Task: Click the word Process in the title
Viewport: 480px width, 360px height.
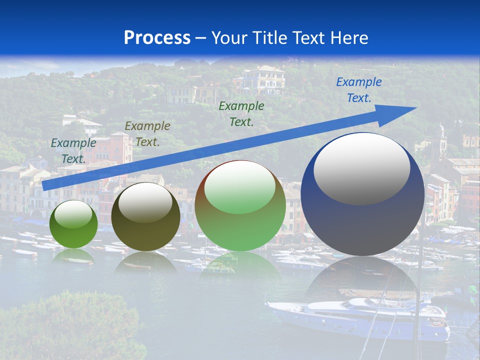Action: tap(157, 37)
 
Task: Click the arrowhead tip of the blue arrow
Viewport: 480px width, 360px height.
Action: tap(415, 108)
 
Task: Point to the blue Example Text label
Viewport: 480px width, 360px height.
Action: tap(358, 90)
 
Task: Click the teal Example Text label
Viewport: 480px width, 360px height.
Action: tap(73, 150)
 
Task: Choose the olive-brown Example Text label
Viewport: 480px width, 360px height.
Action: tap(147, 133)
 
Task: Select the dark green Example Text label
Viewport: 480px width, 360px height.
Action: tap(241, 113)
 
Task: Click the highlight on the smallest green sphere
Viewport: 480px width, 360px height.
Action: tap(73, 214)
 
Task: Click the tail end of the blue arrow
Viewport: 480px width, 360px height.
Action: tap(45, 185)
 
